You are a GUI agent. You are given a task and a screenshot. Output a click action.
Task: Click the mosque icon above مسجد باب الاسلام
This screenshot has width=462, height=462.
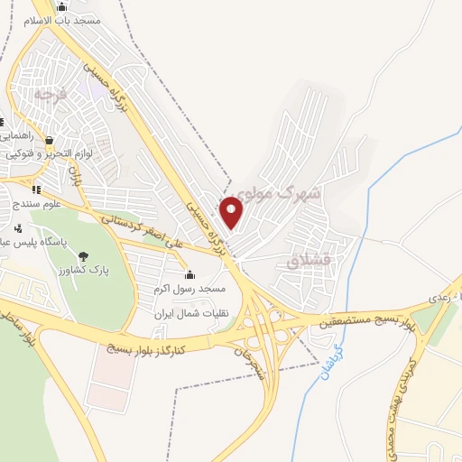pyautogui.click(x=60, y=5)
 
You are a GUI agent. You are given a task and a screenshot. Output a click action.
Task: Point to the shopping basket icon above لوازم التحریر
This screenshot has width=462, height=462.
pyautogui.click(x=49, y=141)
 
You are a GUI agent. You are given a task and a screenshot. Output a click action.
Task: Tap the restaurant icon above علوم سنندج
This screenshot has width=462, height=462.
pyautogui.click(x=36, y=189)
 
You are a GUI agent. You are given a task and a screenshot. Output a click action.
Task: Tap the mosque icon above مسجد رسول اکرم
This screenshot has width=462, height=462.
pyautogui.click(x=189, y=275)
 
